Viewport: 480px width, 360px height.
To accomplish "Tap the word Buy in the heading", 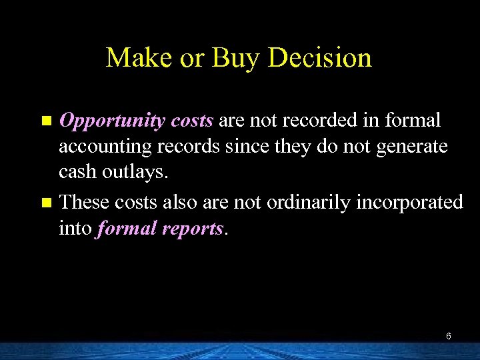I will [235, 58].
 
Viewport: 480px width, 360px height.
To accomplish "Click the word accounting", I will [100, 147].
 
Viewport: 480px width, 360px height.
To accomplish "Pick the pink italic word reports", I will [194, 229].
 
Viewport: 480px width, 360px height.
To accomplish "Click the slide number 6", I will [449, 336].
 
